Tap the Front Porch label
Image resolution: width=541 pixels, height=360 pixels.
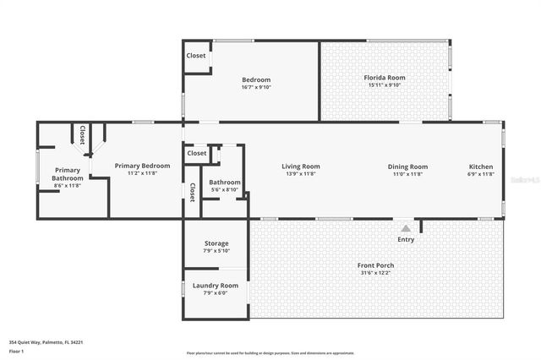click(375, 265)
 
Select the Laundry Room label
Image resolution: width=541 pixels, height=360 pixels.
click(216, 286)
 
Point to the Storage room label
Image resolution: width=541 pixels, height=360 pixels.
click(216, 243)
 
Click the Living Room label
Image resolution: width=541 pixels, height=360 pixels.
click(301, 166)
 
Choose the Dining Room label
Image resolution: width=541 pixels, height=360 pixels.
click(407, 166)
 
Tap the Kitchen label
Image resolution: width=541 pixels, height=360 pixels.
click(480, 166)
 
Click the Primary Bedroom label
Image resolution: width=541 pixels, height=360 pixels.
click(142, 166)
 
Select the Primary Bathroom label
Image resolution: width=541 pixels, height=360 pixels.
click(68, 174)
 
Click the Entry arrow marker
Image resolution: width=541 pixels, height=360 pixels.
click(406, 228)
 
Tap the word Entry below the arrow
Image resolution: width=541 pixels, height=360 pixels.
click(406, 239)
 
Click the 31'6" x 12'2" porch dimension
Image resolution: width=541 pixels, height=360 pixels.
click(375, 273)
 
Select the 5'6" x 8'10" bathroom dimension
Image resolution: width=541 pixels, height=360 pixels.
click(225, 189)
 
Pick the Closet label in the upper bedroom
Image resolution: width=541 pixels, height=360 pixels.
click(196, 56)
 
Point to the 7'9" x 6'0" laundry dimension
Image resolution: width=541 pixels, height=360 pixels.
click(216, 293)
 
